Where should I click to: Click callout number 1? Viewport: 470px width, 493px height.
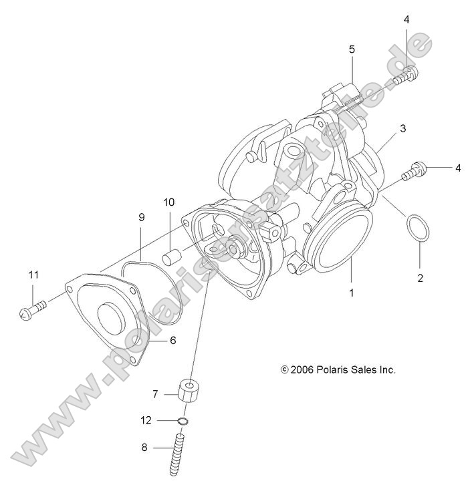[352, 292]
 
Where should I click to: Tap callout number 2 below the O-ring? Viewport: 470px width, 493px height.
[421, 278]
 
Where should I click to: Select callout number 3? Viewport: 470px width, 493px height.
[403, 127]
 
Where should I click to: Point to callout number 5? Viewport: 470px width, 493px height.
[352, 49]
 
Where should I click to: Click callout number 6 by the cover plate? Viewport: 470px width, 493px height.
[172, 340]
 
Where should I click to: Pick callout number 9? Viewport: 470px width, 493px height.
[141, 217]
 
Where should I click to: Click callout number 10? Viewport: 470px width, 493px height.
[168, 201]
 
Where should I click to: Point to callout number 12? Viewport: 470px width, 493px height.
[146, 420]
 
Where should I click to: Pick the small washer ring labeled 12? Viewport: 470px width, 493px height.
[184, 421]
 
